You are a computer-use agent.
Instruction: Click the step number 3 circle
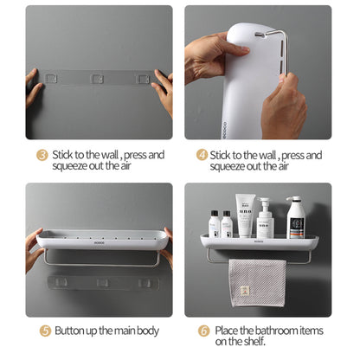coord(42,155)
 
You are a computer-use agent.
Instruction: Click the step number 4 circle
coord(202,155)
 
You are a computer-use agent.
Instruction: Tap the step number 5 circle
coord(45,331)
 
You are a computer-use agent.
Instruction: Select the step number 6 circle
coord(203,331)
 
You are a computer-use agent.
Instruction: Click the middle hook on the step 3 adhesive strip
coord(97,79)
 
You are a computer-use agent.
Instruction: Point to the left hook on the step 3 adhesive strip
coord(51,79)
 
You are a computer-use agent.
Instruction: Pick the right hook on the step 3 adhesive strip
coord(143,79)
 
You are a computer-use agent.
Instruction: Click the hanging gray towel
coord(257,283)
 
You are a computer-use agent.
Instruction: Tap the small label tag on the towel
coord(245,291)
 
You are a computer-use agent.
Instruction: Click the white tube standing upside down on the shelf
coord(245,215)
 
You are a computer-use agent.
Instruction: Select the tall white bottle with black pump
coord(296,217)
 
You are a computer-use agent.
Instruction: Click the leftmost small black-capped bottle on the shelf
coord(215,224)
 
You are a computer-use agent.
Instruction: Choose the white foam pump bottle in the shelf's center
coord(265,218)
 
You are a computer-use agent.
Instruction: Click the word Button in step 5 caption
coord(67,331)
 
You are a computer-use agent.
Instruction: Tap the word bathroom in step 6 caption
coord(277,331)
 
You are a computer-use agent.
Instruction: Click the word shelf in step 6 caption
coord(254,342)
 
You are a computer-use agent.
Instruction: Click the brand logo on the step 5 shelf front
coord(100,243)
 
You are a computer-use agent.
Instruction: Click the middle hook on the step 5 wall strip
coord(102,283)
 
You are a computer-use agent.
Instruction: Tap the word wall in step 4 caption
coord(267,155)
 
